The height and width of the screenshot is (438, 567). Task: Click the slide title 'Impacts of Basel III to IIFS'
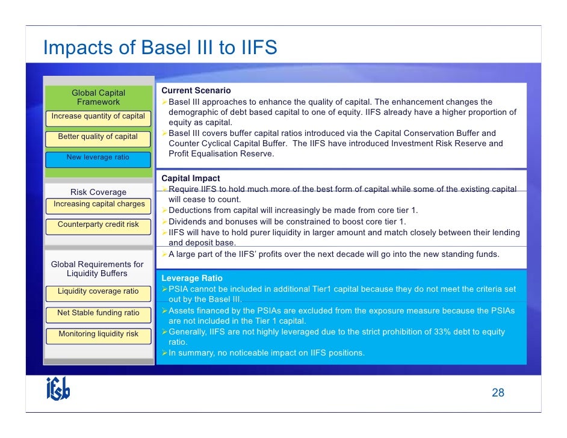[x=160, y=48]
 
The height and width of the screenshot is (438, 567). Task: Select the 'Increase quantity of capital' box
[x=98, y=116]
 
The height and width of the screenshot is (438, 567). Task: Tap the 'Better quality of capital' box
[x=98, y=137]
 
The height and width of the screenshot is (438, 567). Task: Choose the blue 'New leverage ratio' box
[x=98, y=158]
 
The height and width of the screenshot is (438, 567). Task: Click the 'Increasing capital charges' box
[x=99, y=205]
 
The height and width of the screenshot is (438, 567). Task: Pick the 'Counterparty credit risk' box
[x=98, y=225]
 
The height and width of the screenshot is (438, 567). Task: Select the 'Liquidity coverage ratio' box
[x=98, y=292]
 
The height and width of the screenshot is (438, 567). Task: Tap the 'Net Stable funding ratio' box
[x=98, y=313]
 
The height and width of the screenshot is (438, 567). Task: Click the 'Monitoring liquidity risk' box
[x=98, y=334]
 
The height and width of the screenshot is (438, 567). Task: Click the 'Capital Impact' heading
[x=191, y=179]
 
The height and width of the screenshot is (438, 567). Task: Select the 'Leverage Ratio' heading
[x=192, y=279]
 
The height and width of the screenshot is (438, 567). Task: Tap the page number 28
[x=498, y=393]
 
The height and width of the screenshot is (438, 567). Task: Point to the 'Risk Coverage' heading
[x=98, y=193]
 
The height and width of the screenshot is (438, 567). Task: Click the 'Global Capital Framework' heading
[x=98, y=97]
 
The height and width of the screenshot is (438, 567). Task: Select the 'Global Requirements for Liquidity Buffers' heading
[x=98, y=269]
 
